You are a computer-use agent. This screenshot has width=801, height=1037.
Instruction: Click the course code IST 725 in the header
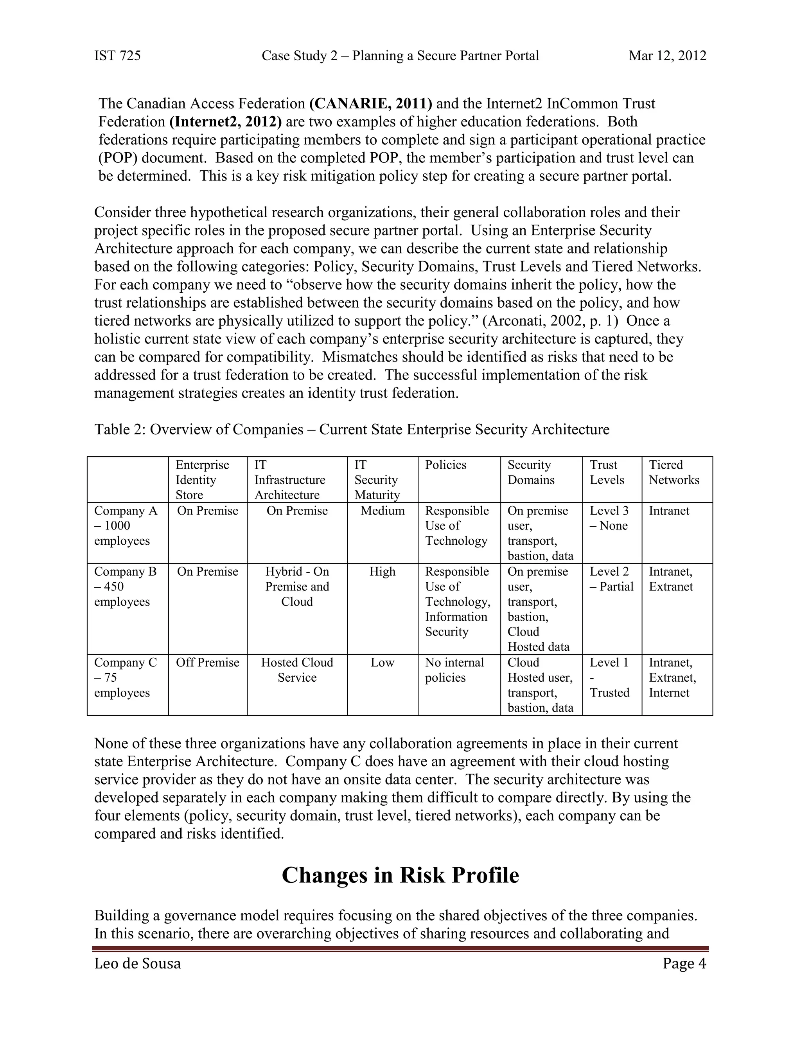(x=117, y=56)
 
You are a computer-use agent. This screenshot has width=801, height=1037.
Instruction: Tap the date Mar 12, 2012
(x=667, y=56)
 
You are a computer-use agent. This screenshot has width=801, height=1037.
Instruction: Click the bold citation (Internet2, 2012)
(x=225, y=122)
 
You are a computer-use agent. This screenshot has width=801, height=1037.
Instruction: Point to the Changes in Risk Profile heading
(x=400, y=875)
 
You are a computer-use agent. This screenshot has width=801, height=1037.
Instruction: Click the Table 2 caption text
(x=352, y=429)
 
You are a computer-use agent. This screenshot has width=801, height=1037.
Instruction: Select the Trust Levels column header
(x=607, y=472)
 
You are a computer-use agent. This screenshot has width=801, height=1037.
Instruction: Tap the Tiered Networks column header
(x=674, y=472)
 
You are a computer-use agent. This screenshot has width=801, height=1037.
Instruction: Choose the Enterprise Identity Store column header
(x=202, y=480)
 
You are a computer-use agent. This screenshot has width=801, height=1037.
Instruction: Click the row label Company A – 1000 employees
(x=125, y=526)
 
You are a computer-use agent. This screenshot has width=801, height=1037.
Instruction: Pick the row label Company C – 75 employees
(x=125, y=677)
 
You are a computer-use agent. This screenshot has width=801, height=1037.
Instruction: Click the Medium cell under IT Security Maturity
(x=383, y=511)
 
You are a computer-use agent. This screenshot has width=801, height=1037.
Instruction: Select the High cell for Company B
(x=383, y=572)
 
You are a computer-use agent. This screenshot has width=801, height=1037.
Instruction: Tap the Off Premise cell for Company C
(x=207, y=663)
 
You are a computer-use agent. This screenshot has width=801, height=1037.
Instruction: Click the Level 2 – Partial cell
(x=611, y=579)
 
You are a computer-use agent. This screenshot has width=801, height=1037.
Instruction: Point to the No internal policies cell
(x=454, y=670)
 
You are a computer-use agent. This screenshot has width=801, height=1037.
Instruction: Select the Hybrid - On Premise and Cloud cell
(x=297, y=587)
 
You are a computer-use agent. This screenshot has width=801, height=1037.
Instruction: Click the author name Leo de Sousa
(x=138, y=963)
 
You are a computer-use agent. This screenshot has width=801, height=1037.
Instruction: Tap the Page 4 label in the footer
(x=684, y=963)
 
